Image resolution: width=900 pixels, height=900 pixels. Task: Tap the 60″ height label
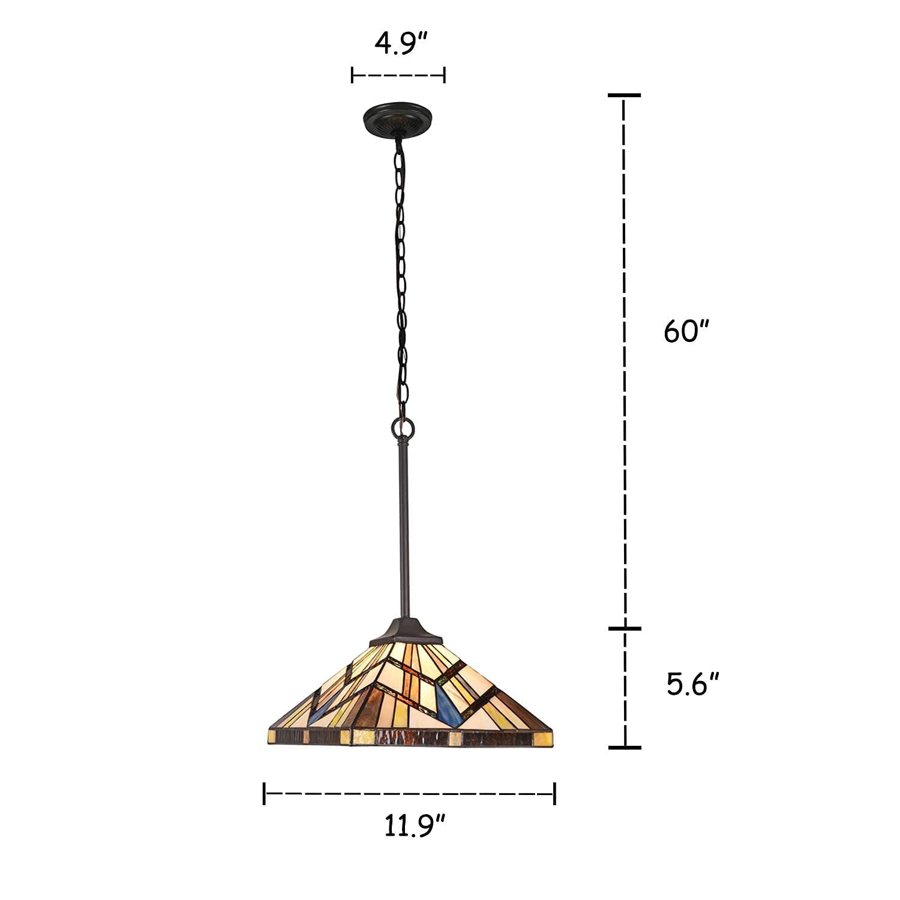click(x=687, y=331)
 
